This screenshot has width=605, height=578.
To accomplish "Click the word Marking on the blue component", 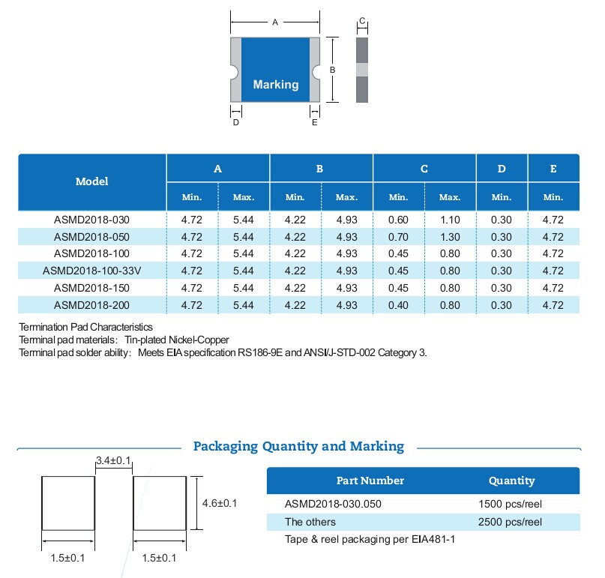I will [x=275, y=85].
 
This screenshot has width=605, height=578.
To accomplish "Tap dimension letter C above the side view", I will [x=361, y=21].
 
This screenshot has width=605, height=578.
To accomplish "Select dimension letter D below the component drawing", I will [x=235, y=123].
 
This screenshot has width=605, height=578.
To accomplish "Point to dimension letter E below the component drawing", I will [x=315, y=123].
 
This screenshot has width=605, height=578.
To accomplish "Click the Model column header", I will [x=91, y=181].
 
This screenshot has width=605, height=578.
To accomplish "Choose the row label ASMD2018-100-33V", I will [x=91, y=271].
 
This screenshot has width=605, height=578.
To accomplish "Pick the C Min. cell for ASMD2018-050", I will [x=398, y=237].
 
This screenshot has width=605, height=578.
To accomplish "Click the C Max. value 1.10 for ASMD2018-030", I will [x=450, y=220].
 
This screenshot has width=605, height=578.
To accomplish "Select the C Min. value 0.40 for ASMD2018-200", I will [x=398, y=305].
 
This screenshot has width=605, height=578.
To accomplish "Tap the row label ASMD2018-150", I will [x=91, y=288].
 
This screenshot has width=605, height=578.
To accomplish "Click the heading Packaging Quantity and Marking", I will [x=298, y=447].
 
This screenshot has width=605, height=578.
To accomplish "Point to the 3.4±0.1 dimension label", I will [x=114, y=460].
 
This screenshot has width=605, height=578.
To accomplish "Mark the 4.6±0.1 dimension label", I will [x=220, y=503].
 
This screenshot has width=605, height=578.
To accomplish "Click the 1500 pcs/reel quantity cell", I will [x=510, y=504].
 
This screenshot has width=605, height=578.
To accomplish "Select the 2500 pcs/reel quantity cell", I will [x=510, y=522].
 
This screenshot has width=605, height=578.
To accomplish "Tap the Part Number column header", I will [x=370, y=481].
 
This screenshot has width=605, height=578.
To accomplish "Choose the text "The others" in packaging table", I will [x=310, y=522].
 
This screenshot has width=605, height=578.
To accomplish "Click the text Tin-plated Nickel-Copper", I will [x=177, y=340].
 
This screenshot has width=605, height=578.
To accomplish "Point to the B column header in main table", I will [x=319, y=169].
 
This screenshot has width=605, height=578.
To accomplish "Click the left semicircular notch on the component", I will [x=233, y=73].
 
